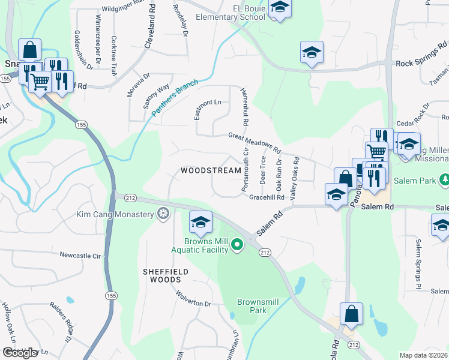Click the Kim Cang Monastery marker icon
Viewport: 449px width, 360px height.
(163, 214)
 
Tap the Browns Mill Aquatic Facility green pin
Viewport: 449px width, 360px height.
(238, 244)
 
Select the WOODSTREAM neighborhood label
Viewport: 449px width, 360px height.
(211, 170)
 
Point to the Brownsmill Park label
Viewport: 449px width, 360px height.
(259, 306)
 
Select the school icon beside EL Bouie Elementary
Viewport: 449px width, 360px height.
(279, 8)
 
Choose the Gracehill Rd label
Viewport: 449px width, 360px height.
(267, 197)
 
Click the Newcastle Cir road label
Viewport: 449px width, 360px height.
(80, 255)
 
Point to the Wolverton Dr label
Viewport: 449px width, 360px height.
(194, 299)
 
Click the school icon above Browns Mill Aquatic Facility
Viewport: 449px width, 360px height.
(200, 223)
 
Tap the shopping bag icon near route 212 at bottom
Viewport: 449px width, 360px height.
(351, 314)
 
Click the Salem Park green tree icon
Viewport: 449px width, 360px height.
(445, 179)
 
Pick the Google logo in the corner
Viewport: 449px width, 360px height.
(20, 353)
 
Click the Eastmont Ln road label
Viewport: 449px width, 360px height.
(208, 103)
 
